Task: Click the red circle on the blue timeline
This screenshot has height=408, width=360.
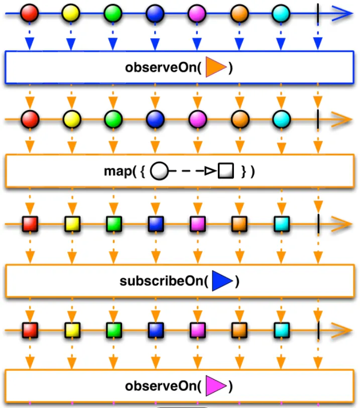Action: point(29,13)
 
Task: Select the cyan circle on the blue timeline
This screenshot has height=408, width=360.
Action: point(281,13)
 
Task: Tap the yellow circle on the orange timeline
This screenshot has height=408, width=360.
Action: point(72,120)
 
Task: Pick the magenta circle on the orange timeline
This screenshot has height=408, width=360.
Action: point(197,120)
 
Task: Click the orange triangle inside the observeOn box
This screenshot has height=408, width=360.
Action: point(215,67)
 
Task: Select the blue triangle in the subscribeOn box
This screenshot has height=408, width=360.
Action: point(222,281)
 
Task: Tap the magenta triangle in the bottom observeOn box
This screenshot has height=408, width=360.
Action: point(215,385)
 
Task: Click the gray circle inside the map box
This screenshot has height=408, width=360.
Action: point(159,171)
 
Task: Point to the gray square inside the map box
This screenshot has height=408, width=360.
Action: point(226,171)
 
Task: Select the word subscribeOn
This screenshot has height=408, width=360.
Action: point(164,281)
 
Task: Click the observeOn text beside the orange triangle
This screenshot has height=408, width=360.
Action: point(163,67)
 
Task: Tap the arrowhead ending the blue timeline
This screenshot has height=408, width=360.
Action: point(342,13)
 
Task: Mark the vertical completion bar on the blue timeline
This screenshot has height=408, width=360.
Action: point(318,14)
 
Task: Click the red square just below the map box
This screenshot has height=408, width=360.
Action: point(30,224)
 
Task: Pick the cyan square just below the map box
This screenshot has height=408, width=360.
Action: point(282,224)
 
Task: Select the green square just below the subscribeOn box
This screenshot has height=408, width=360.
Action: point(114,330)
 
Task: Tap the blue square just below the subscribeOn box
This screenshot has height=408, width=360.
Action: point(156,330)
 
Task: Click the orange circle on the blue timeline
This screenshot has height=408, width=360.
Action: point(239,13)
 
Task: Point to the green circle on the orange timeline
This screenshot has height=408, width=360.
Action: point(113,120)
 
